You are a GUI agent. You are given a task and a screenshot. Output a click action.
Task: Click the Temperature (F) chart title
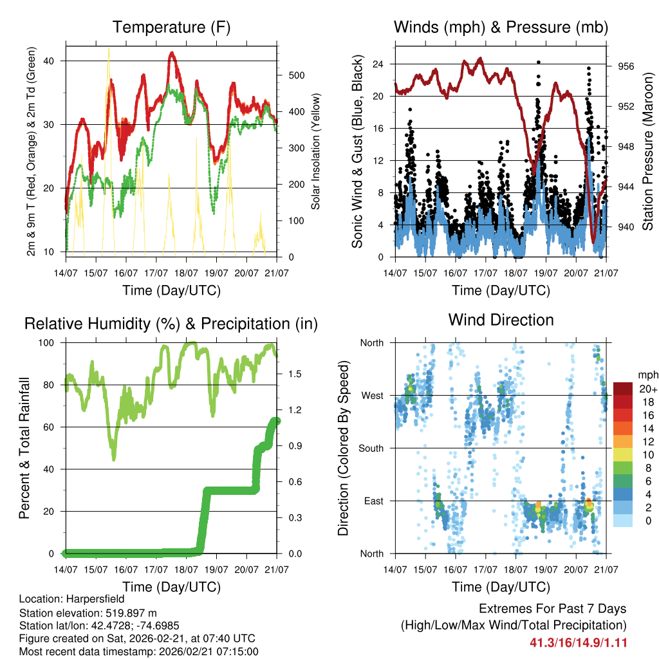pyautogui.click(x=171, y=27)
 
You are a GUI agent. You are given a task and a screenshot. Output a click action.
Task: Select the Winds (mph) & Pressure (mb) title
pyautogui.click(x=501, y=27)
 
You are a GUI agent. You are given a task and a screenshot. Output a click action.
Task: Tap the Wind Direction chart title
pyautogui.click(x=501, y=319)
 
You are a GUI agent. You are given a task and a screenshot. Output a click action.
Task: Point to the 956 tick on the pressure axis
pyautogui.click(x=626, y=66)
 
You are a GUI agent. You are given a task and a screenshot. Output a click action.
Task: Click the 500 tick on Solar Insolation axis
pyautogui.click(x=295, y=75)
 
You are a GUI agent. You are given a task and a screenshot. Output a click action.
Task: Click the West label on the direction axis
pyautogui.click(x=371, y=395)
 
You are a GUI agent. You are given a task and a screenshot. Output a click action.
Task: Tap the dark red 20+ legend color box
pyautogui.click(x=622, y=389)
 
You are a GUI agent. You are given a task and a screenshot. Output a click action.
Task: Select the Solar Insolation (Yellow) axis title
pyautogui.click(x=317, y=152)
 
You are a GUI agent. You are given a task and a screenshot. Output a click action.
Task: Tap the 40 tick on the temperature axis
pyautogui.click(x=50, y=61)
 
